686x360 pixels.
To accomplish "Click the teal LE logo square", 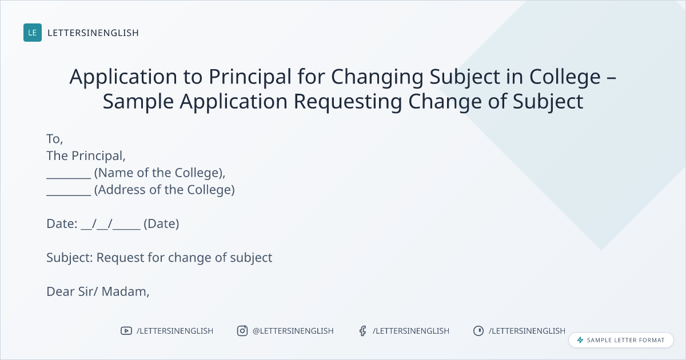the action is click(x=33, y=33).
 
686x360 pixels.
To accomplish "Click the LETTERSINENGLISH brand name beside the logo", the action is click(x=93, y=33).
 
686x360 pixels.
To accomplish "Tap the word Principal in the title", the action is click(x=250, y=76).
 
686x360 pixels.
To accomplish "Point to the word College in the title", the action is click(x=565, y=76).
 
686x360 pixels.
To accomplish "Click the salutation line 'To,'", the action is click(x=54, y=139).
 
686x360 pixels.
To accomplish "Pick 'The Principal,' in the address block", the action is click(x=86, y=156).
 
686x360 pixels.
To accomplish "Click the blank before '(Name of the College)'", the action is click(x=69, y=178).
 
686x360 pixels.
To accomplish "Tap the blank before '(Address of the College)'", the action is click(x=69, y=194).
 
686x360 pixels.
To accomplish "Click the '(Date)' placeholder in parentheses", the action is click(x=161, y=224).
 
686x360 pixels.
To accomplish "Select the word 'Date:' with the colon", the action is click(x=62, y=224).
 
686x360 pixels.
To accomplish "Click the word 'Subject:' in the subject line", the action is click(x=70, y=258).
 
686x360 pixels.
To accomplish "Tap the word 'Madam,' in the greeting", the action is click(x=126, y=291).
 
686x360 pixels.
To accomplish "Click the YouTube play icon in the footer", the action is click(x=126, y=331).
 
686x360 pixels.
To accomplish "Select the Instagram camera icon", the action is click(x=242, y=331).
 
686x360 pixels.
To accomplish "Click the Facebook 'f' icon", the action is click(x=362, y=331).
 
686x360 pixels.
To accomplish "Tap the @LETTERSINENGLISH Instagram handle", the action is click(x=293, y=331).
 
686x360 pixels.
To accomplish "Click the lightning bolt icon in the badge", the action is click(x=580, y=340).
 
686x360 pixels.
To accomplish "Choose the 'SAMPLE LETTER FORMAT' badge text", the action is click(x=625, y=340).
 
